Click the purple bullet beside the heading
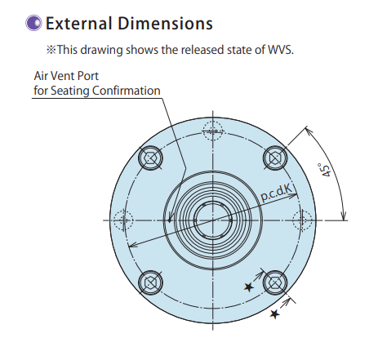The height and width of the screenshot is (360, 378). (x=33, y=23)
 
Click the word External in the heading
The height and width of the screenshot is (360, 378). (x=79, y=23)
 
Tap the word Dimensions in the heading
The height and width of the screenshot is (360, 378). (x=165, y=23)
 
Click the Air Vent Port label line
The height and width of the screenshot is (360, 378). (x=66, y=76)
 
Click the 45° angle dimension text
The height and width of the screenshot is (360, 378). (x=325, y=170)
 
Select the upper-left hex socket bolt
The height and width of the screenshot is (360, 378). (x=150, y=158)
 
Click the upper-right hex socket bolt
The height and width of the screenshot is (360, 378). (x=275, y=158)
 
